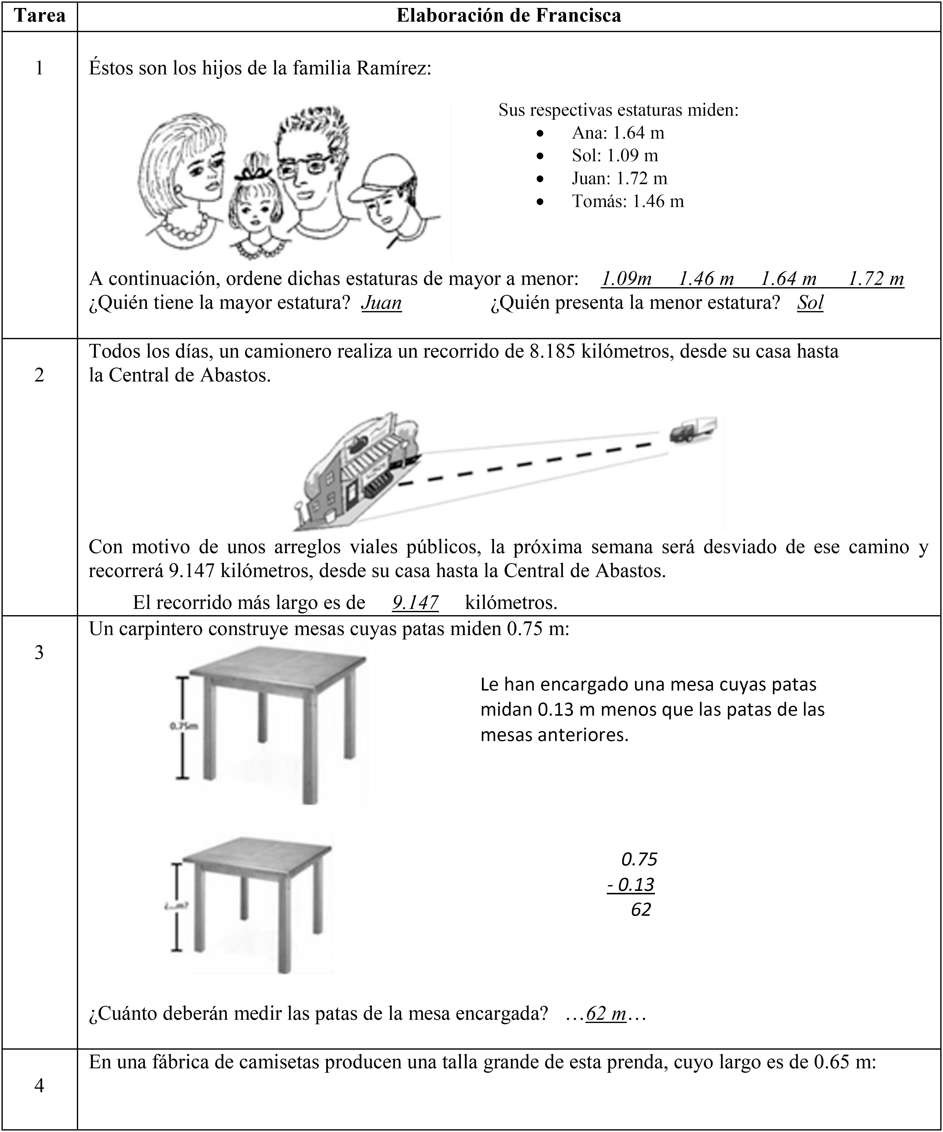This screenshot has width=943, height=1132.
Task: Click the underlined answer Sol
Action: coord(810,303)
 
